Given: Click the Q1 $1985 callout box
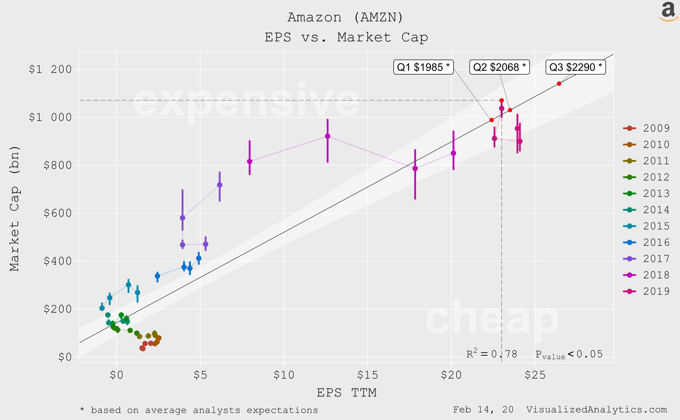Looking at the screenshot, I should coord(423,67).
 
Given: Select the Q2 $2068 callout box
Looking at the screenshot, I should coord(499,67).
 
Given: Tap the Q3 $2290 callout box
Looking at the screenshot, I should coord(576,67).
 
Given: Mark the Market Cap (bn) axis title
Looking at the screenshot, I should coord(14,208).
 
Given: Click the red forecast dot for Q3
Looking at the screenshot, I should coord(559,84).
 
